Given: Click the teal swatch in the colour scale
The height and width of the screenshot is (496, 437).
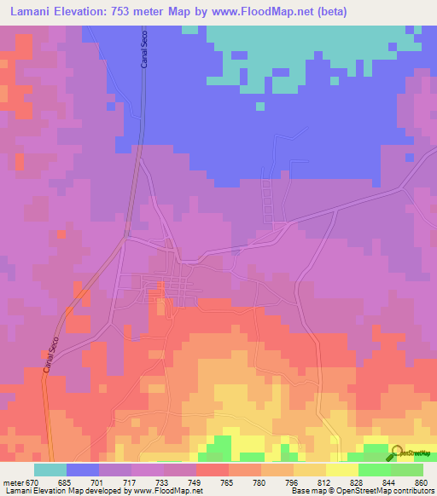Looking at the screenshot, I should (x=50, y=470).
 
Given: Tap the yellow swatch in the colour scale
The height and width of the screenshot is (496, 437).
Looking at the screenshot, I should (x=342, y=470).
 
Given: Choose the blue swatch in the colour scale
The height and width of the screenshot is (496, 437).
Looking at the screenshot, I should (x=82, y=470).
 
